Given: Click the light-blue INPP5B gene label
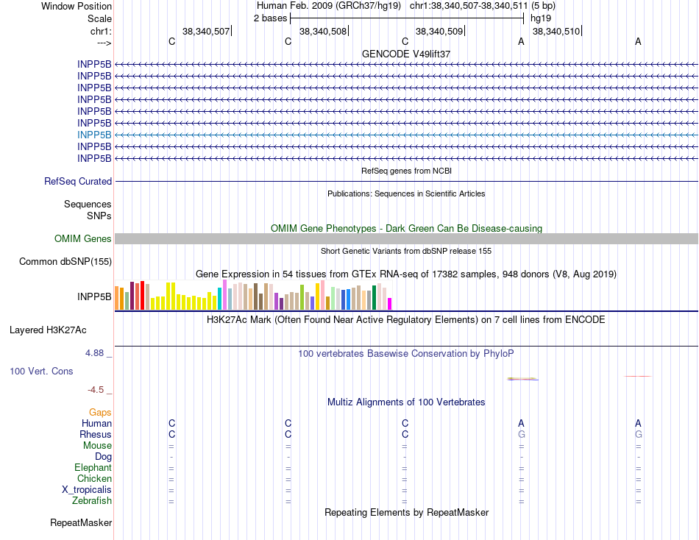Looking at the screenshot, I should tap(94, 135).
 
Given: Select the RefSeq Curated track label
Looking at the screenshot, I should tap(78, 181).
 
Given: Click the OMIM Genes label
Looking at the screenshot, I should tap(82, 238).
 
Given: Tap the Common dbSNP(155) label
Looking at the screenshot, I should tap(65, 261).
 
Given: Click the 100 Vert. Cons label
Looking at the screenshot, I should tap(41, 372).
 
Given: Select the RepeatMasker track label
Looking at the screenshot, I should tap(81, 523).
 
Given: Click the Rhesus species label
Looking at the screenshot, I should tap(96, 435).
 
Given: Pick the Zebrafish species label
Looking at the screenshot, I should tap(92, 501).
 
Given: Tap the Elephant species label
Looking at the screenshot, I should tap(93, 468).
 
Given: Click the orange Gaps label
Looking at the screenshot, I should tap(100, 413).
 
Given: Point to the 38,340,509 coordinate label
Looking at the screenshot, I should tap(439, 32).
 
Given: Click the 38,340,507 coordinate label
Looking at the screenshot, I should tap(206, 32).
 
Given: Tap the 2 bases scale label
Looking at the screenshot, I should tap(270, 18).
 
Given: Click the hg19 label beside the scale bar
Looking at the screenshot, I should tap(541, 18).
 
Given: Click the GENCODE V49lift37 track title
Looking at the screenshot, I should tap(406, 54).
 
